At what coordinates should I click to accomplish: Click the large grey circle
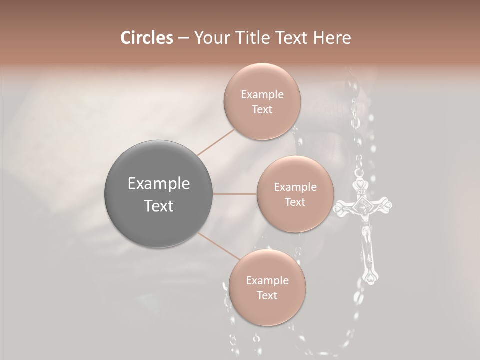[159, 194]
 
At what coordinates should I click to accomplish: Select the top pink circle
[262, 101]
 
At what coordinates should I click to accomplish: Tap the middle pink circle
[295, 194]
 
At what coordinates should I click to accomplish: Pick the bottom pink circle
[267, 287]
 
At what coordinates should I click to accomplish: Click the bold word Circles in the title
[147, 38]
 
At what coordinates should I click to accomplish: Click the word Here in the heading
[332, 38]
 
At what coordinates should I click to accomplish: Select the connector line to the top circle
[216, 141]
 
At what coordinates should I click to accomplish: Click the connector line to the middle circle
[235, 194]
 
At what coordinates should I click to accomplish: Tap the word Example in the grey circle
[159, 184]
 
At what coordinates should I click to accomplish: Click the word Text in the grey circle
[159, 206]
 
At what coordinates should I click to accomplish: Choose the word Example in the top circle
[262, 94]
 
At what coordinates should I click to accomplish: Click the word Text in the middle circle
[295, 202]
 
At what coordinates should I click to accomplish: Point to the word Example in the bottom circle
[267, 280]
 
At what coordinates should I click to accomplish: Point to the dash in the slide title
[183, 38]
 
